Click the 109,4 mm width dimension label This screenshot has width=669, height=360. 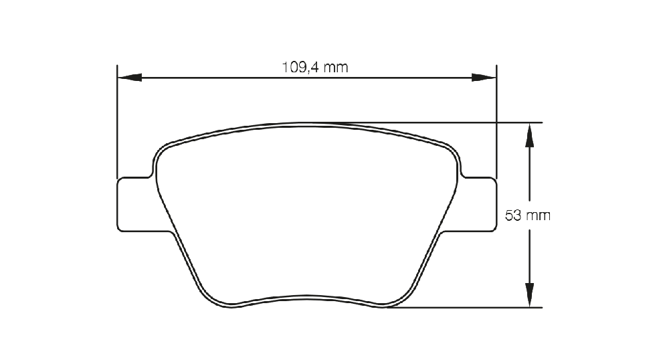click(x=315, y=67)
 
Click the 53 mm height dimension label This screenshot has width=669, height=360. click(x=528, y=215)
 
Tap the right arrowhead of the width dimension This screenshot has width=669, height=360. click(x=484, y=78)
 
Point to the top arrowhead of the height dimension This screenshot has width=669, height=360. click(x=529, y=135)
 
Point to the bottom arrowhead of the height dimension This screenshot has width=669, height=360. click(x=529, y=295)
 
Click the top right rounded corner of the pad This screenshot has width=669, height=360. click(x=455, y=151)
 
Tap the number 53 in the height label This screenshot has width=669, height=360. click(x=513, y=215)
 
